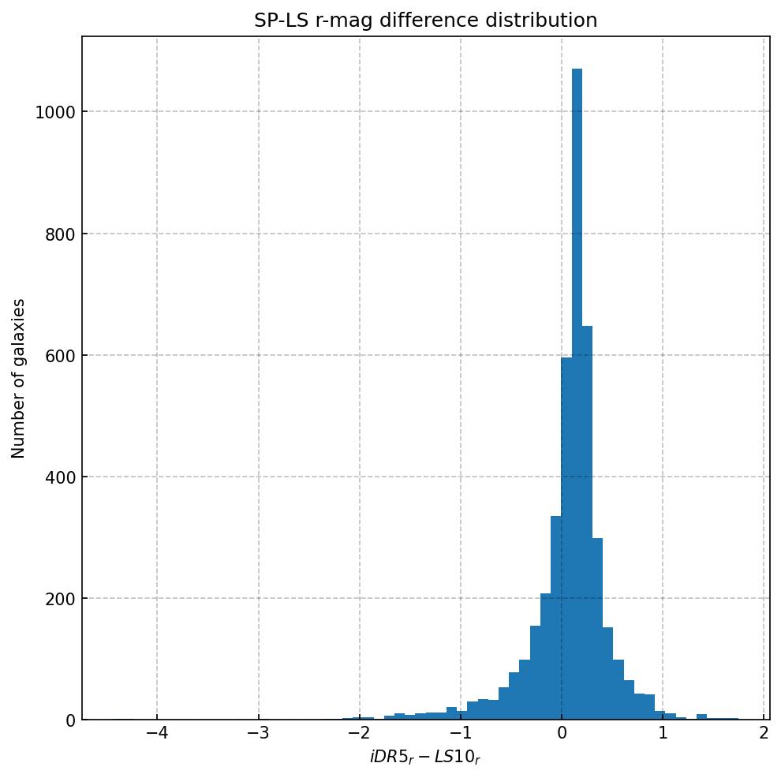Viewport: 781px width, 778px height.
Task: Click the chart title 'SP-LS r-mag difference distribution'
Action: [425, 21]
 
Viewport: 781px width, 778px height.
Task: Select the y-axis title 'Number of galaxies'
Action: [19, 378]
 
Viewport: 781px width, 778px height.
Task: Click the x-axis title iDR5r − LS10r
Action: [425, 757]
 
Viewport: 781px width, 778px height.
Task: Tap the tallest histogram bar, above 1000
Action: [577, 395]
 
